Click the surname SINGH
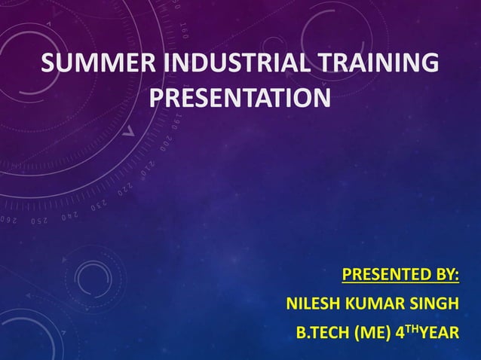click(433, 304)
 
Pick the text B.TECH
click(320, 332)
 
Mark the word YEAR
click(438, 332)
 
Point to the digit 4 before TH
click(397, 332)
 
